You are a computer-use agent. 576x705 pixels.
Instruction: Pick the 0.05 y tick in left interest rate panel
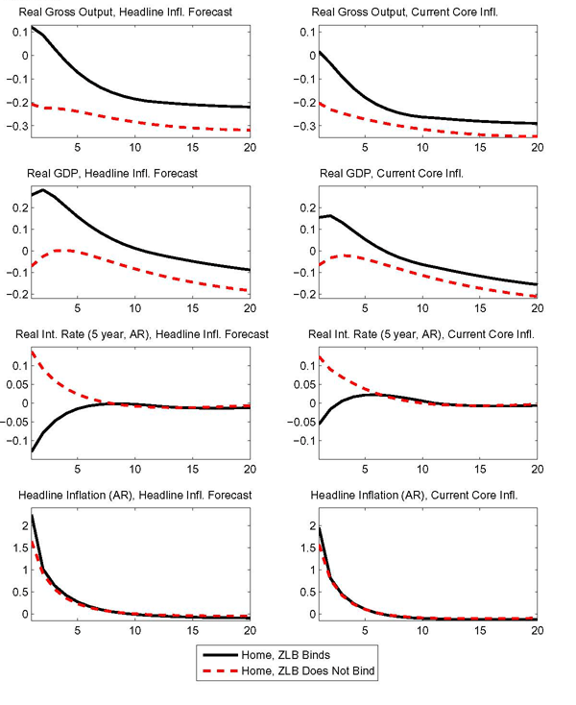(x=13, y=384)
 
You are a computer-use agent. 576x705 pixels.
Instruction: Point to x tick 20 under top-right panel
(x=536, y=147)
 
